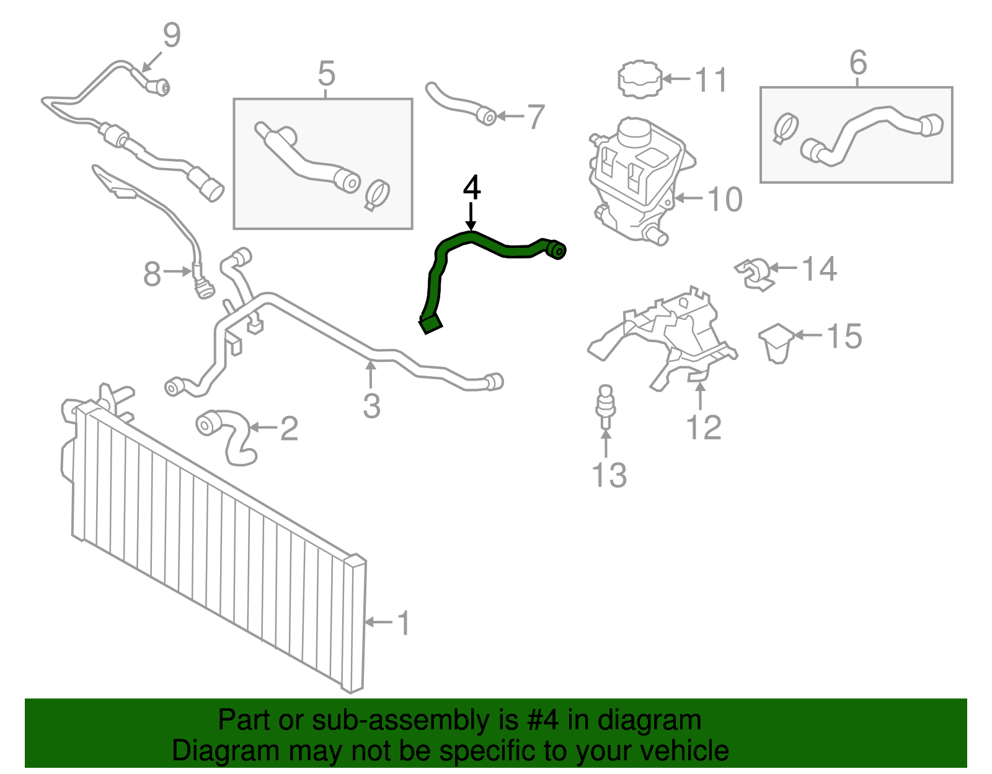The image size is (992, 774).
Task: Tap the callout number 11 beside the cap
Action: coord(711,80)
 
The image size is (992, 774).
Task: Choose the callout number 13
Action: coord(609,475)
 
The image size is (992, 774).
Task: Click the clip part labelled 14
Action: coord(754,275)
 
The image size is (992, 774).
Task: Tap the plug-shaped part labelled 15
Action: coord(776,343)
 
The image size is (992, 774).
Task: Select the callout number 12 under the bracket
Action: coord(704,428)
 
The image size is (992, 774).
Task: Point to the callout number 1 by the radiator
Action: coord(404,623)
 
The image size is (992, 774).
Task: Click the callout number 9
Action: coord(172,35)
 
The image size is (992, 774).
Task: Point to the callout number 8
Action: coord(152,274)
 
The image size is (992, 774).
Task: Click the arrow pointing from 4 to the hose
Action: coord(471,217)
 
